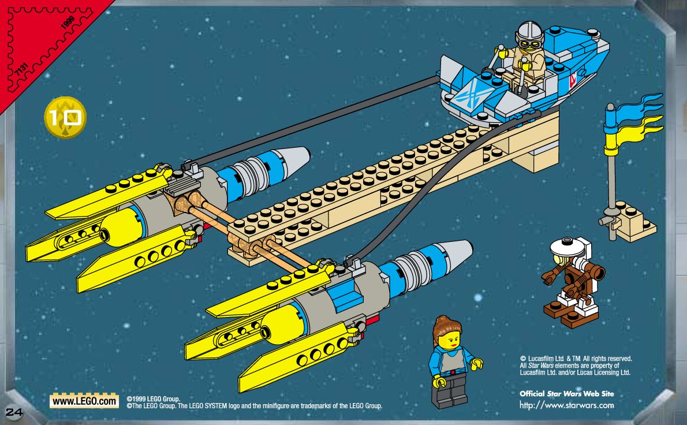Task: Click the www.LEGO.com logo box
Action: tap(84, 400)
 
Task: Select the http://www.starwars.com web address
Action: tap(566, 405)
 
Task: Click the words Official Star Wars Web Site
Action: tap(566, 394)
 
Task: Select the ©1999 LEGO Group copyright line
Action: tap(154, 398)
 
